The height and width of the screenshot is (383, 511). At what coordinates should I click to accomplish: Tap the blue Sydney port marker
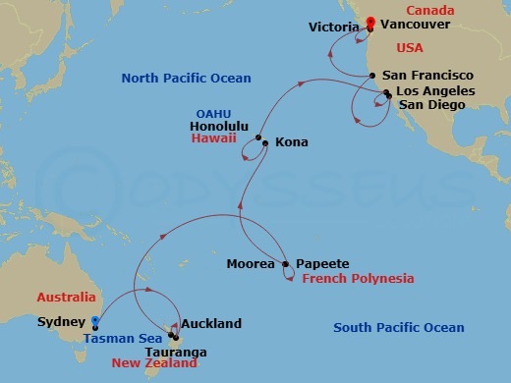[x=94, y=320]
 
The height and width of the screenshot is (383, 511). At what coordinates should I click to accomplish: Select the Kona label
[x=292, y=142]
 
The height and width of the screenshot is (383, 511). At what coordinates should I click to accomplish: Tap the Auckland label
[x=211, y=323]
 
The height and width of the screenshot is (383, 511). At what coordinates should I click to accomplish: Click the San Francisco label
[x=427, y=76]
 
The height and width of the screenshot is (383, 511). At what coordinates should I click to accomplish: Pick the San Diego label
[x=431, y=105]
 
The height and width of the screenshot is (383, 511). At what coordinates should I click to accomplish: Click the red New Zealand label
[x=154, y=363]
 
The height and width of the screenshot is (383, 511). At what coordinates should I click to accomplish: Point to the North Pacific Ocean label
[x=186, y=78]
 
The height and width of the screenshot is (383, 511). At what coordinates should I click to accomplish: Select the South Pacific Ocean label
[x=398, y=327]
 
